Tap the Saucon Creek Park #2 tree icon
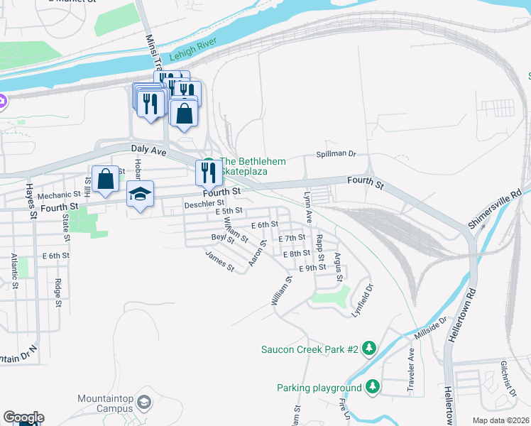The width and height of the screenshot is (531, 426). [x=368, y=349]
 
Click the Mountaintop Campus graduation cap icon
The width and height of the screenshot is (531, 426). [x=144, y=403]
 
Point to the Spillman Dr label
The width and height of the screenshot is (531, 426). [x=336, y=155]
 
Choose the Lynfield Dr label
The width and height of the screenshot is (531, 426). [x=363, y=300]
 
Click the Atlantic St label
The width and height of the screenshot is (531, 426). [x=14, y=273]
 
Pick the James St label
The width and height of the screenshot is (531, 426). [x=219, y=261]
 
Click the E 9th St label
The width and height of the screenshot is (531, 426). [x=313, y=268]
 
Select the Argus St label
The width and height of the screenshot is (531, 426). [x=339, y=266]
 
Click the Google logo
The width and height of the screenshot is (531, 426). [x=23, y=418]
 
